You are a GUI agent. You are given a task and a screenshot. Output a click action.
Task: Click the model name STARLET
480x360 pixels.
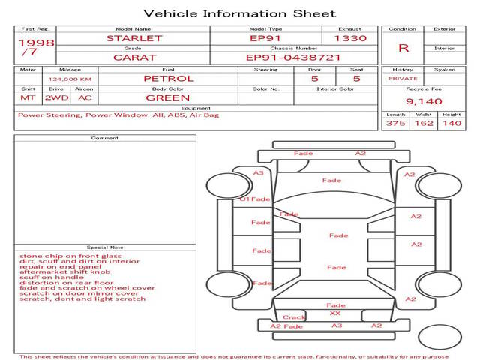pos(133,37)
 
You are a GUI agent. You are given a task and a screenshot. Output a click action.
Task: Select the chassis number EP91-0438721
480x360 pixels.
pos(293,57)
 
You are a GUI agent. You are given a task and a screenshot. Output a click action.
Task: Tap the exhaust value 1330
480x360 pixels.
pos(350,37)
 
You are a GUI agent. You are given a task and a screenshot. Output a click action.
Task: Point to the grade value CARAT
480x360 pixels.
pos(133,57)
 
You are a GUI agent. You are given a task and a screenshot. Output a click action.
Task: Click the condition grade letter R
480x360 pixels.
pos(403,47)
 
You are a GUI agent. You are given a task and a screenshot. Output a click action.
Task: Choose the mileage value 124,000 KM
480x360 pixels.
pos(70,79)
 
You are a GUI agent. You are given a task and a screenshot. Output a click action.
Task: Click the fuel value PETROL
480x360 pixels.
pos(168,78)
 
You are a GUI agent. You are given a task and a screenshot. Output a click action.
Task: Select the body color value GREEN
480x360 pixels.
pos(167,97)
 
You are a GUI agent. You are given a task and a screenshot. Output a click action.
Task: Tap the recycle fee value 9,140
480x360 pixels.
pos(423,100)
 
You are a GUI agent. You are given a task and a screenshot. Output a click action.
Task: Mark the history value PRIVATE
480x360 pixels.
pos(403,78)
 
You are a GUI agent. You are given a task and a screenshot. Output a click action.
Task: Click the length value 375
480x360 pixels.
pos(395,123)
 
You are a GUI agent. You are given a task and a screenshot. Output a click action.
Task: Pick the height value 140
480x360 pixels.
pos(451,123)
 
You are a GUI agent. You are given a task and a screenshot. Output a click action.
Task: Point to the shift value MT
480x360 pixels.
pos(28,97)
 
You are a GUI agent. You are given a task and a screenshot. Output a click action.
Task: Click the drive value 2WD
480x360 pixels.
pos(54,97)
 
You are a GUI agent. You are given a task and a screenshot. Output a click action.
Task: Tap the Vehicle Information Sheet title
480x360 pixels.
pos(239,13)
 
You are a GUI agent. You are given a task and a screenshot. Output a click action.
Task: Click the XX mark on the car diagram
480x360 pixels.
pos(335,313)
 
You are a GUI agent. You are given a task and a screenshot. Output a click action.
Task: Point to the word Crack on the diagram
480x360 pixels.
pos(294,317)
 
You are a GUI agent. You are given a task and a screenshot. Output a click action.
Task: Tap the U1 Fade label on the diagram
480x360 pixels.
pos(255,199)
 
